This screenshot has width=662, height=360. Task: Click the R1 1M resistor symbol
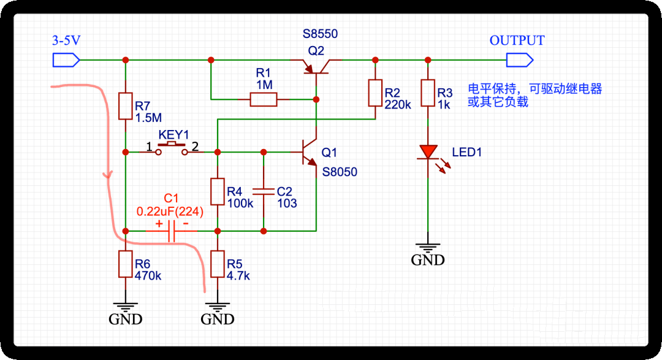(264, 99)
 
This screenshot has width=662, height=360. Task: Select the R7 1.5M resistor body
(125, 106)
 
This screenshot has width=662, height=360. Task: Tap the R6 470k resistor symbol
(125, 264)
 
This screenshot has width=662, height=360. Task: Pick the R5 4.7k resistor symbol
(217, 264)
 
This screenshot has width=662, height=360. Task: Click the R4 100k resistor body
(217, 191)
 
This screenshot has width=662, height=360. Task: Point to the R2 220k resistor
(375, 93)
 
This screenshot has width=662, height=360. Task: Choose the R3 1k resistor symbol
(427, 93)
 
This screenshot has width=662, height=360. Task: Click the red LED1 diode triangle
(428, 151)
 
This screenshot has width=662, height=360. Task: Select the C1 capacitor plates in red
(172, 231)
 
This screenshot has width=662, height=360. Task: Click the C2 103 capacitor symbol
(264, 191)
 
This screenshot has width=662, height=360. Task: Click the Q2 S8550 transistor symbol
(317, 66)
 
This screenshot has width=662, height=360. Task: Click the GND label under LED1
(427, 260)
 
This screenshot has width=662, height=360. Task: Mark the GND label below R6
(125, 320)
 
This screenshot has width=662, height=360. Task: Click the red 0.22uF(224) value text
(170, 212)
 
